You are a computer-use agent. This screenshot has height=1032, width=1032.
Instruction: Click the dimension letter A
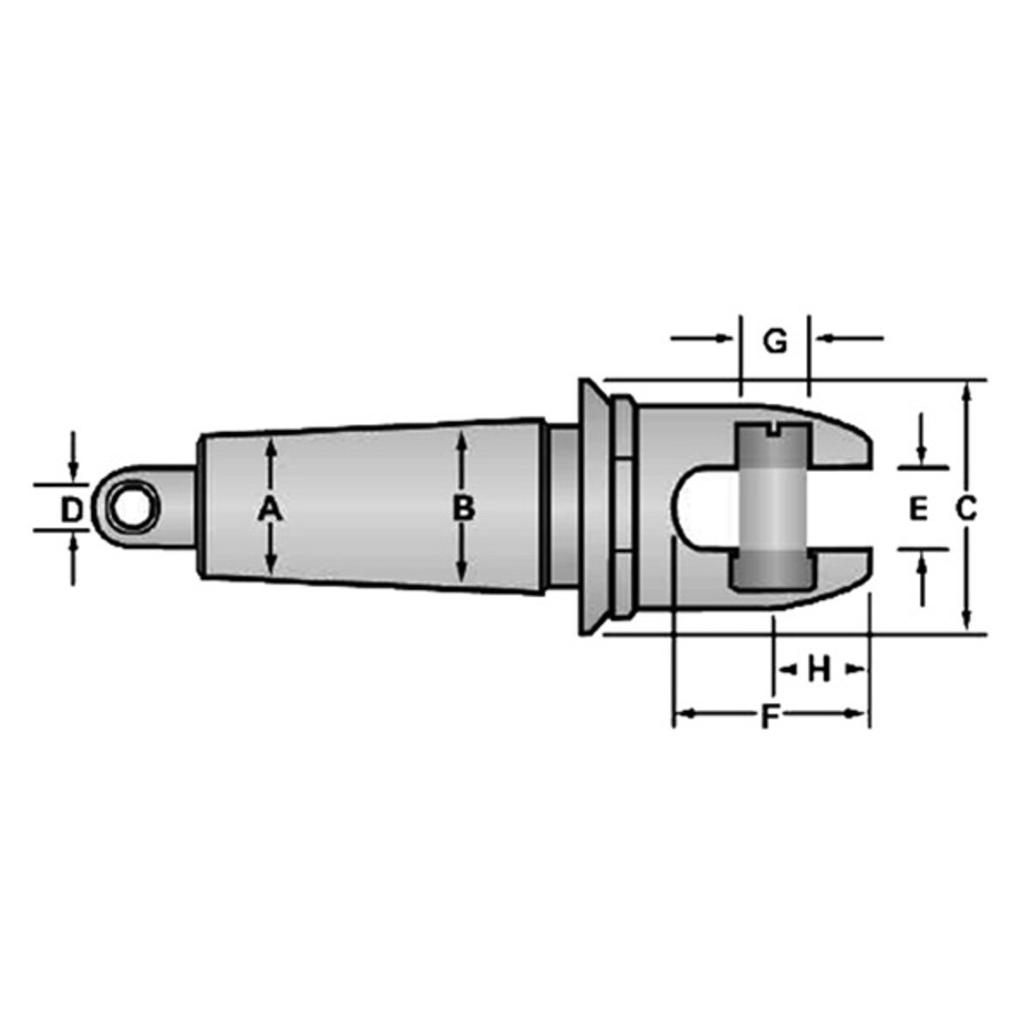tap(270, 509)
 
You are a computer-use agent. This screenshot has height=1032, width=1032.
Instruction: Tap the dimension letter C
tap(967, 509)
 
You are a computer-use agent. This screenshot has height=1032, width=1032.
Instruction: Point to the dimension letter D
tap(72, 510)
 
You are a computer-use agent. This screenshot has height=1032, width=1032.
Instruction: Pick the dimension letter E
tap(918, 510)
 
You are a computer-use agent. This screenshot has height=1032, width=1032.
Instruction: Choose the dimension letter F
tap(771, 716)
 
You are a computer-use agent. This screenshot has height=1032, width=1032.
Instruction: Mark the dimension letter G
tap(776, 341)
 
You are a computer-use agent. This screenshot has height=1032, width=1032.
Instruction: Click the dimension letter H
tap(819, 668)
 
